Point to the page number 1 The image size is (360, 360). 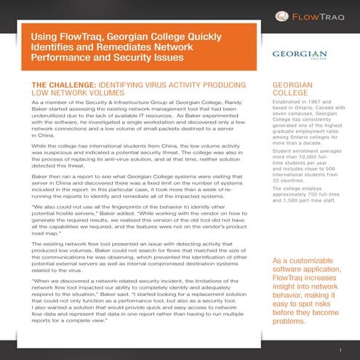339,350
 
